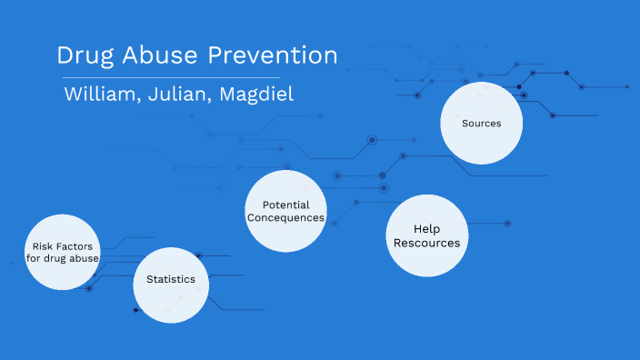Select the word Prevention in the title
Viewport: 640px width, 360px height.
pos(272,55)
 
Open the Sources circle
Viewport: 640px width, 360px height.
pos(481,123)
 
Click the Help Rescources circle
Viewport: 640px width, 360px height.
pos(426,235)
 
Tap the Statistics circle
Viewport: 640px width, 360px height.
pos(171,284)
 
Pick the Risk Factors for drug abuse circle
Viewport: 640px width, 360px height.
pos(63,253)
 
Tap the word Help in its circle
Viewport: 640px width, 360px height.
pos(426,229)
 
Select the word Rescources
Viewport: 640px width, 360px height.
pos(426,244)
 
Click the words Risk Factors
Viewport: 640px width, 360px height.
pos(63,246)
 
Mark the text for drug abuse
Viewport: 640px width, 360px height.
pos(63,259)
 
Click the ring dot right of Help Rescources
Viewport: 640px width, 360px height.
pos(507,223)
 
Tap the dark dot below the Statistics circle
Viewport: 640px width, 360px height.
pos(136,310)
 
